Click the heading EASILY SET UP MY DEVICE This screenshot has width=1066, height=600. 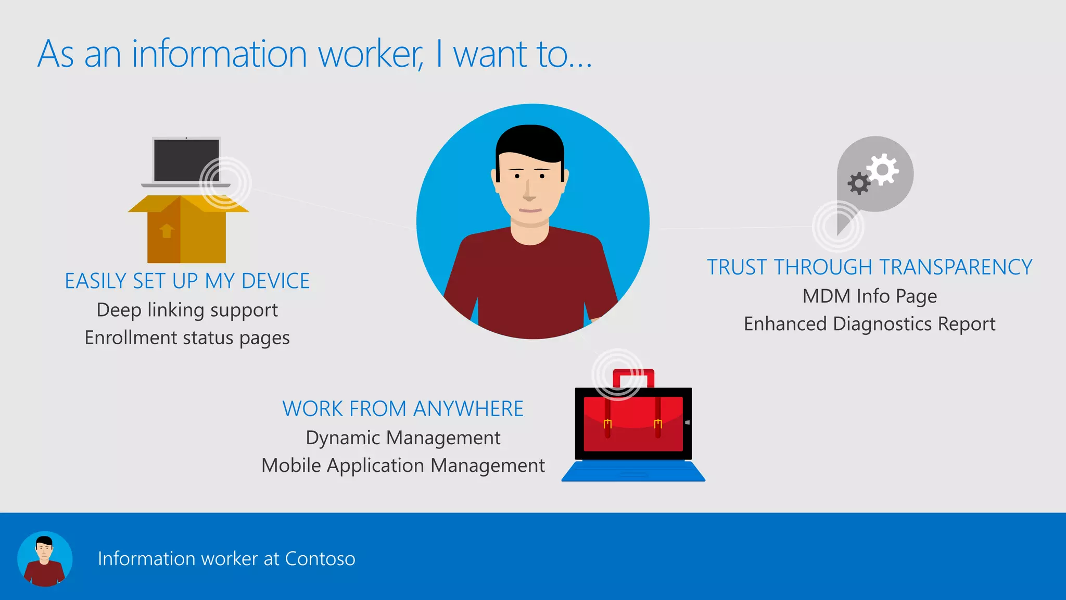coord(187,281)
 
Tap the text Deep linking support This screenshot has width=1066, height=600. coord(187,310)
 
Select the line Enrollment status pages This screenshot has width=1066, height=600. coord(187,338)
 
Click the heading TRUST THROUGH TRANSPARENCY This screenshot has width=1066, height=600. coord(869,267)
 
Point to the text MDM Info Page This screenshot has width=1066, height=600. coord(869,296)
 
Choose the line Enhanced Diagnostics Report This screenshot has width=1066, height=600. coord(869,324)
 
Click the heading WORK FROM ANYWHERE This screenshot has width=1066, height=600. coord(402,409)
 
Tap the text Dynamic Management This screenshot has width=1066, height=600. coord(402,438)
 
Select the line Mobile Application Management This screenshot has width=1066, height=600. coord(402,466)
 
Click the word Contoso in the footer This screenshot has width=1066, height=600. coord(320,558)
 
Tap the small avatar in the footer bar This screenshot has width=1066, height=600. coord(45,559)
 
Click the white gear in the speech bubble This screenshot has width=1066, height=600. coord(883,169)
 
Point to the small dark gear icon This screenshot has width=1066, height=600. coord(858,183)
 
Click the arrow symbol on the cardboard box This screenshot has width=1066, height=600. coord(167,230)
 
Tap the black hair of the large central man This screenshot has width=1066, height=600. coord(530,141)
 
